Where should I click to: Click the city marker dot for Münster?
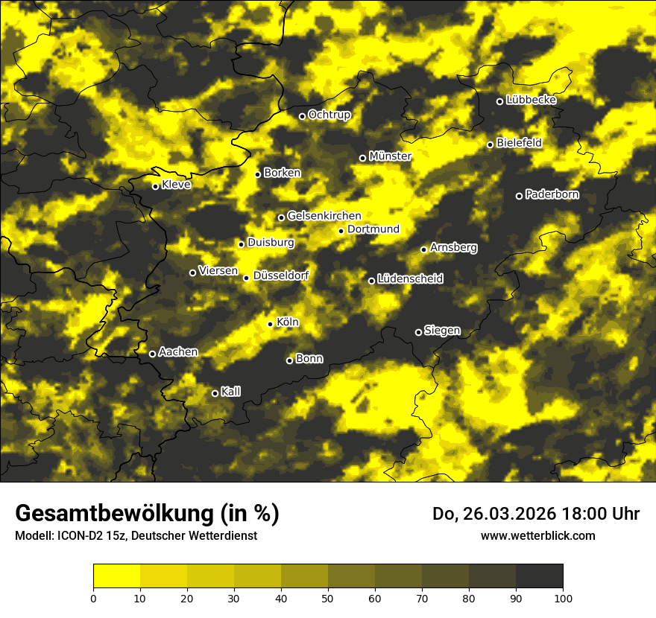363,158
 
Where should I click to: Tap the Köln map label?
288,322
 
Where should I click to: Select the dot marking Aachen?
153,354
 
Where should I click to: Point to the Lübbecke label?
531,100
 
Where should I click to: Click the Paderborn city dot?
520,196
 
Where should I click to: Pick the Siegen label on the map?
442,331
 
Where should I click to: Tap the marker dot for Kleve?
156,186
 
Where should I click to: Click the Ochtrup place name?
329,115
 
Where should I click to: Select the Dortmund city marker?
341,231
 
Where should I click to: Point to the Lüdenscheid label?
410,279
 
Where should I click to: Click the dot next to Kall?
215,393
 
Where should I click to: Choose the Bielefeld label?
519,142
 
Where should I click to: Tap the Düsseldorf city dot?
247,278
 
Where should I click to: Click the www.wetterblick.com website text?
537,535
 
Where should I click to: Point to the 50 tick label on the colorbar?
328,597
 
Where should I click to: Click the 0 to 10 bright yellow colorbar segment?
116,576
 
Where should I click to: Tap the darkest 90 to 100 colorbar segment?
539,576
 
